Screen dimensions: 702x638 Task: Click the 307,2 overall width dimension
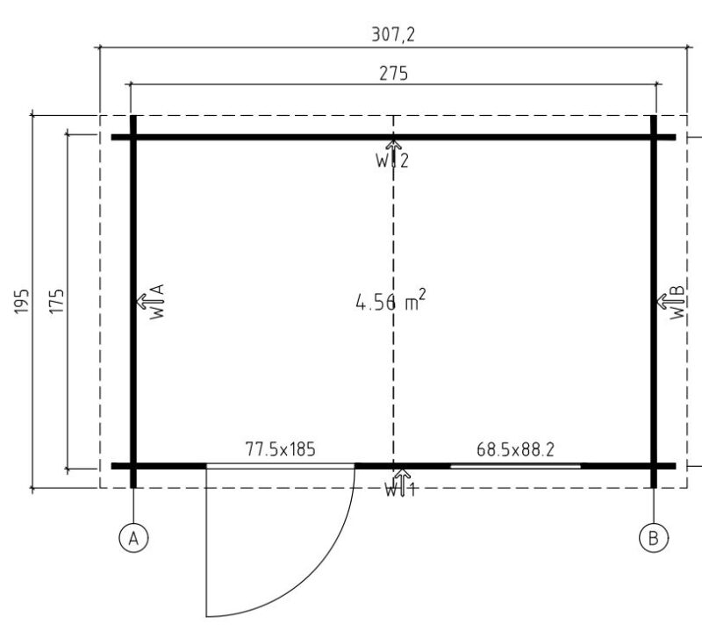(x=393, y=34)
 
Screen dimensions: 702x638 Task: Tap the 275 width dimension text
(x=393, y=74)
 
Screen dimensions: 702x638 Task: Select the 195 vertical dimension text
(x=22, y=301)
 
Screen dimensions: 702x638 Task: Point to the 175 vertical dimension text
(x=56, y=301)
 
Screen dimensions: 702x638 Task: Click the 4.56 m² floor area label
(x=390, y=300)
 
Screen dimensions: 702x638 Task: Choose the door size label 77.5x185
(x=280, y=449)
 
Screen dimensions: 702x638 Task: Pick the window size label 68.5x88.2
(x=515, y=449)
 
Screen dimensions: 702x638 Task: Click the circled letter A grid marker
(x=133, y=538)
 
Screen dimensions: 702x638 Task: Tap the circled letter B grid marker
(x=654, y=538)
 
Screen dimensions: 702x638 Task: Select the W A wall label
(x=157, y=301)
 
